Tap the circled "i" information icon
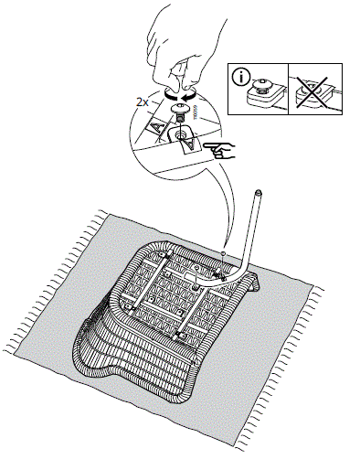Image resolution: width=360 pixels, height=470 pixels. tap(241, 76)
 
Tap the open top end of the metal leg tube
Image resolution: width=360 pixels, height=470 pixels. tap(259, 193)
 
